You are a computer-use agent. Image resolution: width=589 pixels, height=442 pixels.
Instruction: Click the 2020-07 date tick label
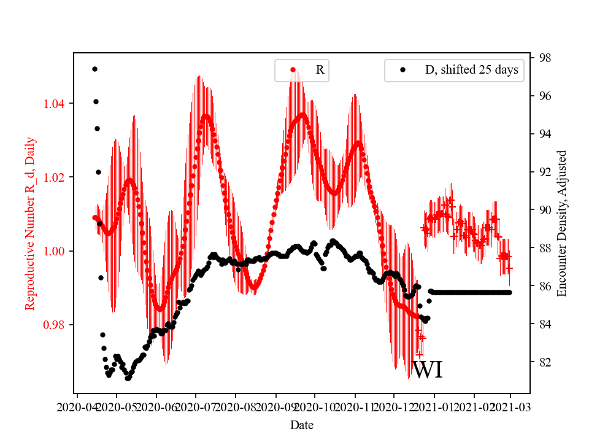pyautogui.click(x=196, y=406)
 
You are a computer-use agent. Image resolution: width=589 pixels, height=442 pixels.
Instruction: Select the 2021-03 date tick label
pyautogui.click(x=510, y=406)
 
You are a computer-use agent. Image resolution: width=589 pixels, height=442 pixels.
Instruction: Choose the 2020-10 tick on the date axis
pyautogui.click(x=315, y=406)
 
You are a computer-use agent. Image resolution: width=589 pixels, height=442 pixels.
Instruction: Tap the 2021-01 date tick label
pyautogui.click(x=434, y=406)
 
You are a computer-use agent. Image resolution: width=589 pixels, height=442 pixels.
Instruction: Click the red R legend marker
pyautogui.click(x=293, y=70)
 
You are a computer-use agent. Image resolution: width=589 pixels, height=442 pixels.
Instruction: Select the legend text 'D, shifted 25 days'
pyautogui.click(x=471, y=70)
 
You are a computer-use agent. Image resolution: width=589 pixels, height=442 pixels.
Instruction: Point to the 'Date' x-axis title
pyautogui.click(x=302, y=424)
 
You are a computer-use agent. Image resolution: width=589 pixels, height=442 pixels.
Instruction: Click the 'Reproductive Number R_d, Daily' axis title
pyautogui.click(x=30, y=223)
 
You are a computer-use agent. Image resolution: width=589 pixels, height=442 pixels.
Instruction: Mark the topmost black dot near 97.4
pyautogui.click(x=94, y=69)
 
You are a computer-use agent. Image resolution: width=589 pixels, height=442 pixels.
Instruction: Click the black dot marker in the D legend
pyautogui.click(x=402, y=70)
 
